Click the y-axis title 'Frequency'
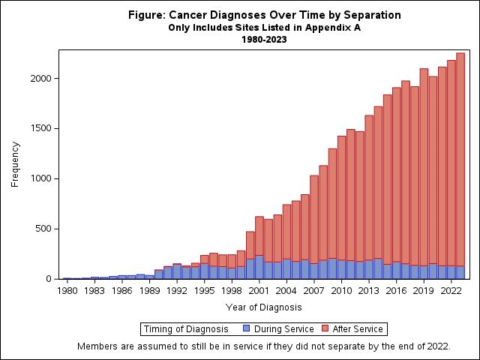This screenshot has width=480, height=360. click(x=15, y=163)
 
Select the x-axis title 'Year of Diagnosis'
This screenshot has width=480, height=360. click(x=263, y=307)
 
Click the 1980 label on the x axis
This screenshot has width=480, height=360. click(x=67, y=290)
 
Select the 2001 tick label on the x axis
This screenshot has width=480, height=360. click(x=259, y=290)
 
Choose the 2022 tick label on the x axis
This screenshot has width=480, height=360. click(x=451, y=290)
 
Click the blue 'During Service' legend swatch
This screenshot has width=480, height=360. click(x=246, y=328)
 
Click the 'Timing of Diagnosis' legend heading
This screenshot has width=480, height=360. click(x=187, y=328)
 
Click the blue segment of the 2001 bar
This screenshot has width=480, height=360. click(x=259, y=267)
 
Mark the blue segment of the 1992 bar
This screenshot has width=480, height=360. click(x=177, y=271)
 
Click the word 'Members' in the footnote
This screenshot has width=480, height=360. click(x=98, y=346)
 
